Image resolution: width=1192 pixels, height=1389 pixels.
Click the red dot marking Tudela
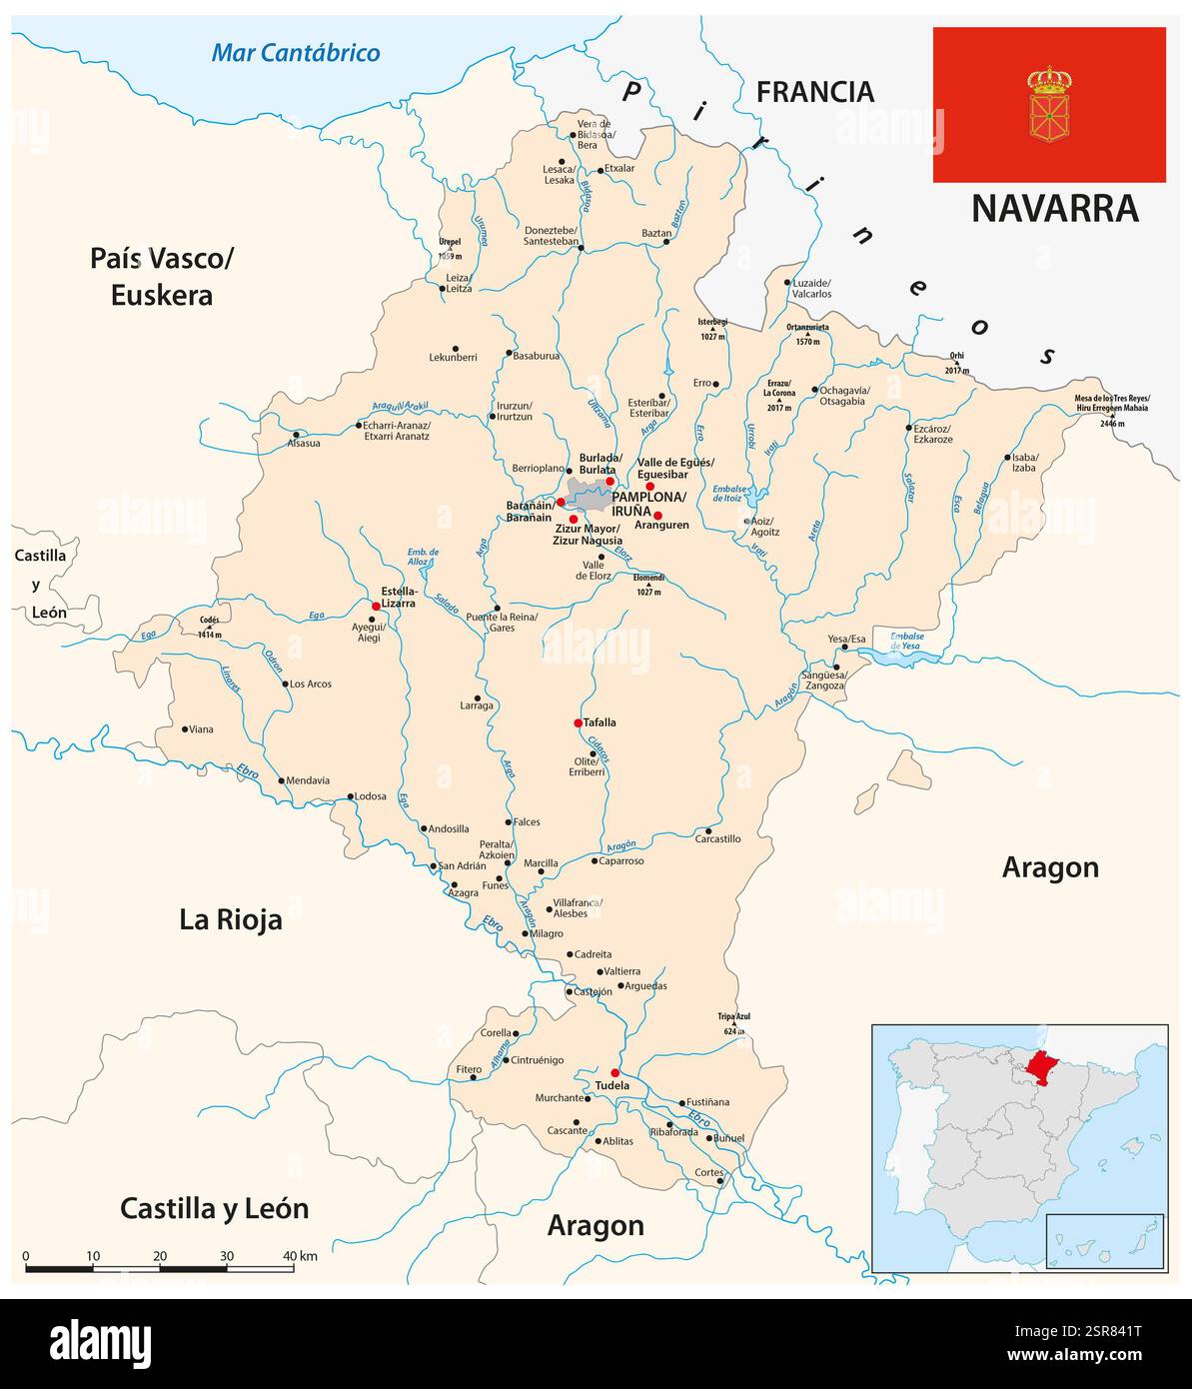point(614,1072)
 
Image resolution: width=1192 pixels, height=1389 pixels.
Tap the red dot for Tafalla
point(578,722)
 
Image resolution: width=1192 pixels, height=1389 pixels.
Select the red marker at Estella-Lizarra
point(376,606)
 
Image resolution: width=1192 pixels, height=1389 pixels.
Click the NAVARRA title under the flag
point(1054,208)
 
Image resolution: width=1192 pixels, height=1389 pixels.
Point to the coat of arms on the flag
point(1049,104)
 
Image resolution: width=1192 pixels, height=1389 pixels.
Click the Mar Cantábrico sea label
point(296,53)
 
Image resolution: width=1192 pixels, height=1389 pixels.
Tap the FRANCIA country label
point(814,92)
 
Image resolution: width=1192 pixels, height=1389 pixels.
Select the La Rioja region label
point(231,919)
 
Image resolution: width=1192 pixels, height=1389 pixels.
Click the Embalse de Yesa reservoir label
point(905,642)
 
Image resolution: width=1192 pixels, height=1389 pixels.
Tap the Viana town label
point(201,729)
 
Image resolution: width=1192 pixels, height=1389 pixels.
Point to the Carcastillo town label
point(718,839)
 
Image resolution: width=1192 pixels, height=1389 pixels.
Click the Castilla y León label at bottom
point(214,1208)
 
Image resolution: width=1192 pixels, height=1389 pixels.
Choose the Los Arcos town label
point(310,685)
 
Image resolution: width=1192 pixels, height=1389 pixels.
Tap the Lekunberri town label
point(453,357)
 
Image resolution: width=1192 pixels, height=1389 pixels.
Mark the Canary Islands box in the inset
point(1104,1240)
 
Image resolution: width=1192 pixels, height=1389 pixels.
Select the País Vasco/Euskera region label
point(161,276)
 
